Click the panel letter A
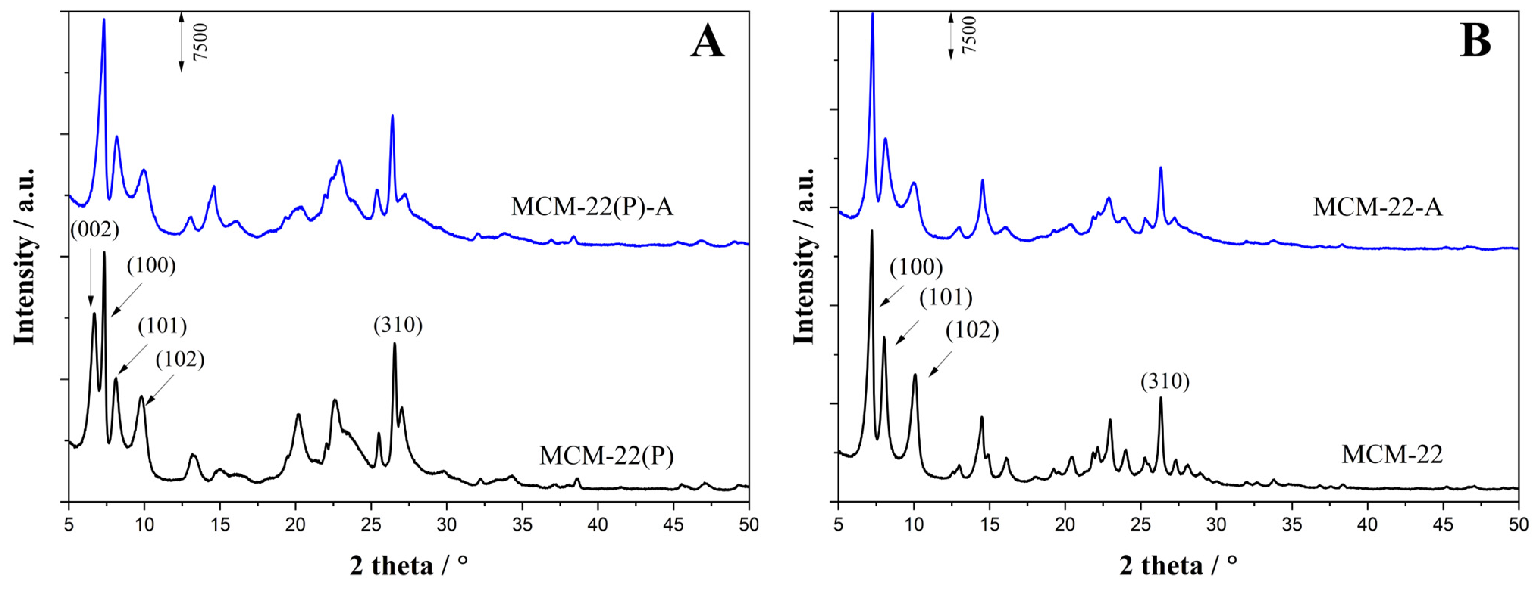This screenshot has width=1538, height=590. point(708,43)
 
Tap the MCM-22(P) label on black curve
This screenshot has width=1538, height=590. point(607,456)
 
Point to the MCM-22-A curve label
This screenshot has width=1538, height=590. point(1377,207)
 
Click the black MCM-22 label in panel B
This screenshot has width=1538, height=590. point(1392,454)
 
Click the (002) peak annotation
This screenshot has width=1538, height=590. point(94,229)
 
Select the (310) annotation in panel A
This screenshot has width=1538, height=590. point(398,325)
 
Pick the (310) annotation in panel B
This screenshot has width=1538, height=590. point(1165,381)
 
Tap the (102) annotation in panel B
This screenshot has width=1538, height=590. point(972,330)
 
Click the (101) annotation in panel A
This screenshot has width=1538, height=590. point(162,326)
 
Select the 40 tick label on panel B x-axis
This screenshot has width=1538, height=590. point(1367,524)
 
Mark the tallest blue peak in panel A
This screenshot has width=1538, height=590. point(104,21)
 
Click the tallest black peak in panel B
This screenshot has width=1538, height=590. point(872,233)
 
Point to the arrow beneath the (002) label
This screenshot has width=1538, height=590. point(91,278)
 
